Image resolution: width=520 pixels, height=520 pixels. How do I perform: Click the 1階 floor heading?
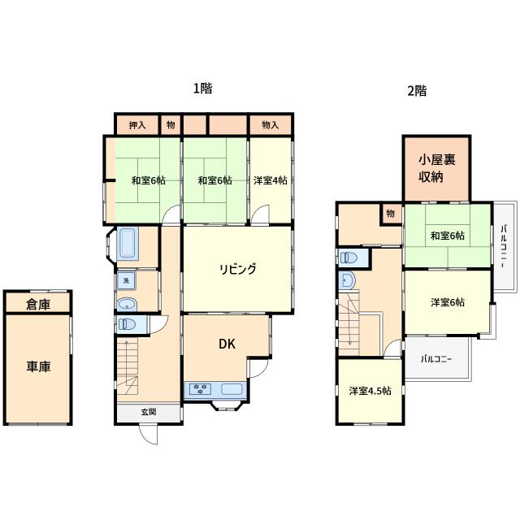pyautogui.click(x=202, y=89)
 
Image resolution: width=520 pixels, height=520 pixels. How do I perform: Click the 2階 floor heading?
pyautogui.click(x=417, y=90)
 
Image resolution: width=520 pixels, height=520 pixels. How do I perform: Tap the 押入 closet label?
pyautogui.click(x=137, y=125)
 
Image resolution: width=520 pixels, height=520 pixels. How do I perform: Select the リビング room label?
pyautogui.click(x=238, y=269)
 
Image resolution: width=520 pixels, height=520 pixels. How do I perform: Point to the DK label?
pyautogui.click(x=227, y=344)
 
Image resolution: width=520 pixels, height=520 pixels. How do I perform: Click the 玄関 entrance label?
pyautogui.click(x=149, y=412)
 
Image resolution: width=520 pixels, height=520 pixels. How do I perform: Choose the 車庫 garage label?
pyautogui.click(x=38, y=366)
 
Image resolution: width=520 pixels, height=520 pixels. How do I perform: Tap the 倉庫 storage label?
pyautogui.click(x=38, y=304)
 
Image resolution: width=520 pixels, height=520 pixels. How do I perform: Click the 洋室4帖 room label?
pyautogui.click(x=271, y=180)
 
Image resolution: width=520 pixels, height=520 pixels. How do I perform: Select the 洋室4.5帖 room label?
pyautogui.click(x=370, y=391)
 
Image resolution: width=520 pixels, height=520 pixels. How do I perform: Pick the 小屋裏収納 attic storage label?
pyautogui.click(x=437, y=168)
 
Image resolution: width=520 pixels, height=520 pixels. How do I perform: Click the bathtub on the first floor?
pyautogui.click(x=128, y=242)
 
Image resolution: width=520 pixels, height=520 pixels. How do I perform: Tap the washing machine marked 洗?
pyautogui.click(x=126, y=280)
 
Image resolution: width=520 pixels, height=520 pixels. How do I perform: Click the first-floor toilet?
pyautogui.click(x=127, y=324)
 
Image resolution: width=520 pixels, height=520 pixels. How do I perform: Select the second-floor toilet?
pyautogui.click(x=349, y=258)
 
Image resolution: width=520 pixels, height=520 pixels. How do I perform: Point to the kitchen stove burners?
pyautogui.click(x=200, y=388)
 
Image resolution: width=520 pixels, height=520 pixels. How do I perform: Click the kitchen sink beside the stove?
pyautogui.click(x=232, y=388)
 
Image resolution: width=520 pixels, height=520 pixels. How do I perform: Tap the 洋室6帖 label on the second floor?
pyautogui.click(x=448, y=302)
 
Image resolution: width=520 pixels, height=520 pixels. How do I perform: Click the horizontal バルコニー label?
pyautogui.click(x=436, y=359)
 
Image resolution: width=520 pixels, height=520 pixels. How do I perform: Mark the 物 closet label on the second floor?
pyautogui.click(x=391, y=214)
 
